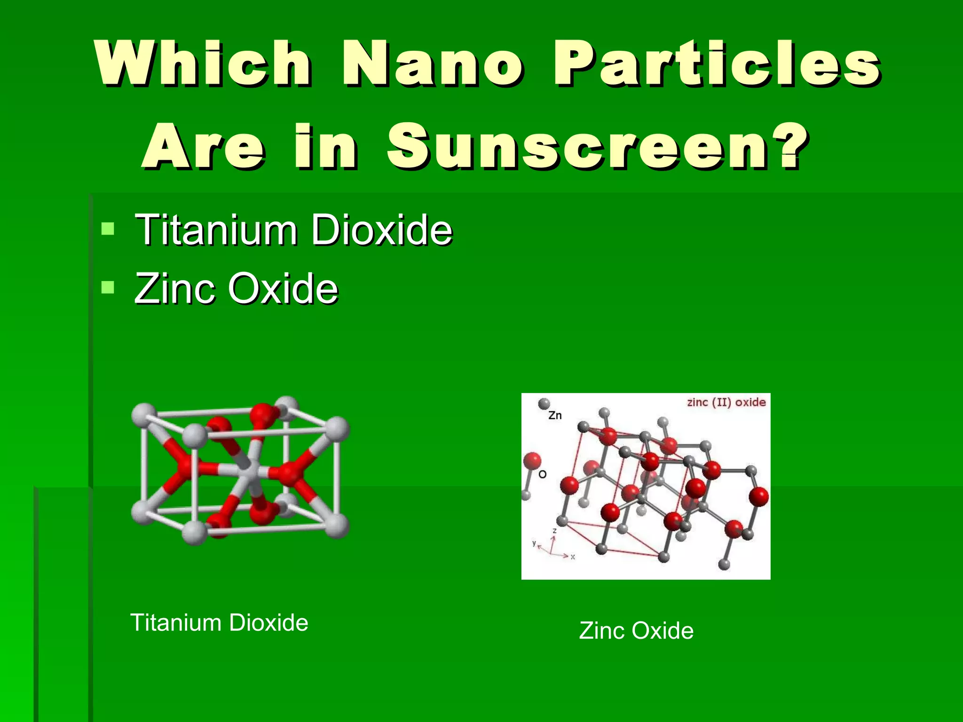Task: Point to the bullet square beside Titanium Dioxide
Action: [x=108, y=229]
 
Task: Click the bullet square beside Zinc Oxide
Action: [x=108, y=287]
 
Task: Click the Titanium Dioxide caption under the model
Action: [x=219, y=622]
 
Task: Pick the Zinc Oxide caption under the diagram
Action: [x=636, y=630]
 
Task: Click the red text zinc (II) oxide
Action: [x=726, y=402]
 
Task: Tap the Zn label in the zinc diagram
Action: [x=555, y=416]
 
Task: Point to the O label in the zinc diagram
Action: [x=542, y=474]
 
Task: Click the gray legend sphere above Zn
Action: [x=544, y=403]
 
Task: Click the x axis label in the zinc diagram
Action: [x=573, y=557]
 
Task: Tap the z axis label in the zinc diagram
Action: [x=555, y=531]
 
